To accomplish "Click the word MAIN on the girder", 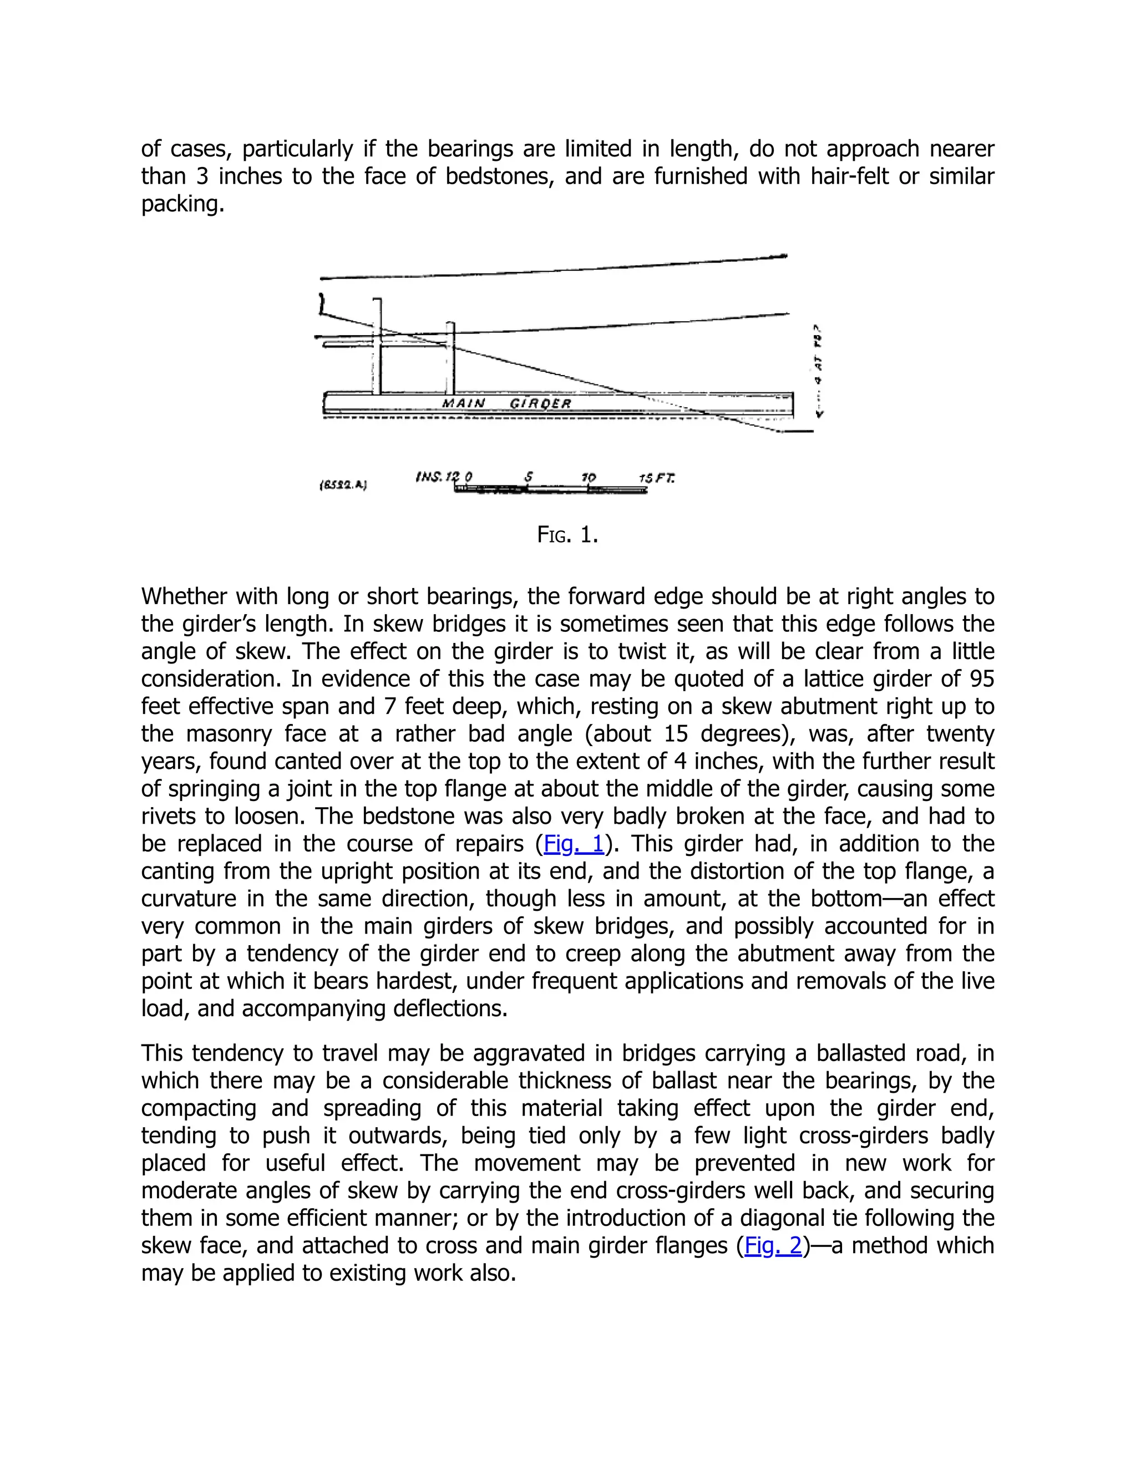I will (x=463, y=403).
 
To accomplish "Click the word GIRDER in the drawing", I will (x=540, y=403).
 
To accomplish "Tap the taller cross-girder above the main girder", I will (x=378, y=347).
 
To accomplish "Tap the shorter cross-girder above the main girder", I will (x=450, y=359).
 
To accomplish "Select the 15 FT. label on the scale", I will (x=656, y=478).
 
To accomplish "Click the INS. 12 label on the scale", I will (x=437, y=477).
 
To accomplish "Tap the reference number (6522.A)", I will (x=343, y=485).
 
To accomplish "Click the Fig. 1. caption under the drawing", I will (x=567, y=535).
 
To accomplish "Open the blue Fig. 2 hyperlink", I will (x=773, y=1245).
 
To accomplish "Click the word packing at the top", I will (x=182, y=203).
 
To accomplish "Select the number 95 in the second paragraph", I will (x=981, y=678).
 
